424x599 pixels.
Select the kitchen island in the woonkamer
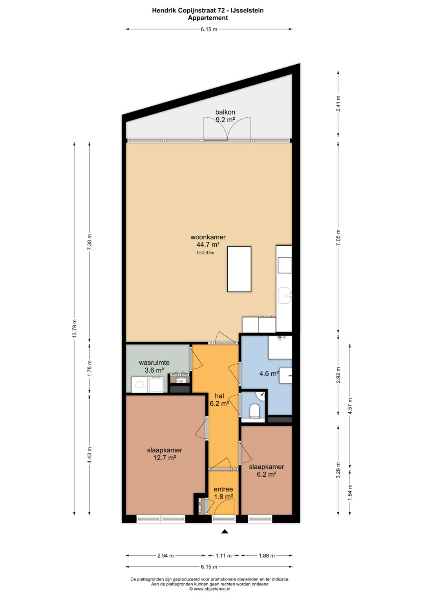tap(239, 269)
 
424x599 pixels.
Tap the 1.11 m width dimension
tap(223, 556)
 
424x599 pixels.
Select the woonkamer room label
tap(208, 237)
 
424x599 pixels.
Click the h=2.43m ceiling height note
tap(206, 253)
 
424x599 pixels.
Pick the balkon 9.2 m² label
tap(225, 116)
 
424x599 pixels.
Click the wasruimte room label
tap(154, 362)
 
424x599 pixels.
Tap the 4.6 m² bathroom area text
tap(269, 373)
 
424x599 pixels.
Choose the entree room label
tap(223, 489)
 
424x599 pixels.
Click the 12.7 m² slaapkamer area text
tap(164, 457)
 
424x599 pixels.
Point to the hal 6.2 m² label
tap(219, 399)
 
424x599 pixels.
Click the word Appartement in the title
tap(208, 18)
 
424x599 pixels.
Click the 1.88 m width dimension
tap(267, 556)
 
